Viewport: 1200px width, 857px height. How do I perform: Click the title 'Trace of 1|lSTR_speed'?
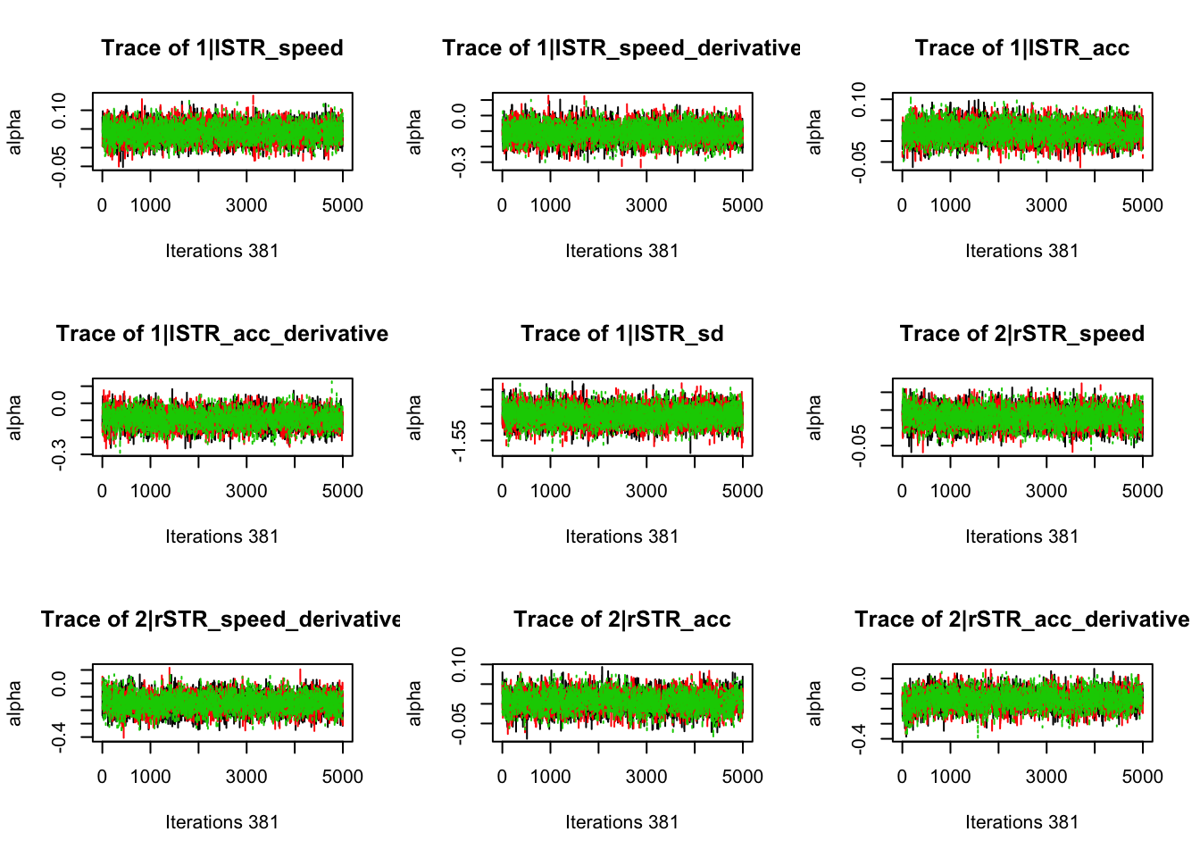tap(221, 48)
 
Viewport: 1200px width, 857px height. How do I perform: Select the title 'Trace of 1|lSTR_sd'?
tap(621, 334)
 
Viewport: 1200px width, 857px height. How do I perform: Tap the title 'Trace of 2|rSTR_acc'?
tap(621, 620)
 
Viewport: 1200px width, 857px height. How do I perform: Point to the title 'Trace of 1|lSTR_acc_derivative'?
tap(221, 334)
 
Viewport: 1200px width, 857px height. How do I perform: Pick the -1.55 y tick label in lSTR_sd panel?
tap(459, 441)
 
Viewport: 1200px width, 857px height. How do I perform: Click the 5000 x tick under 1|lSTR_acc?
tap(1142, 205)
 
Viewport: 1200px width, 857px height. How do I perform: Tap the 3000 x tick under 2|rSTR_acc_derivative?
tap(1046, 777)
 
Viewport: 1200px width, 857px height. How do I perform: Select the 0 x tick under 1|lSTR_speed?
tap(102, 205)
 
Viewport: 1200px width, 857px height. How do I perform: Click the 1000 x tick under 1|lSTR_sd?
tap(550, 491)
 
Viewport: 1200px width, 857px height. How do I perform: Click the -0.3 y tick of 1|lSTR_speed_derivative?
tap(459, 162)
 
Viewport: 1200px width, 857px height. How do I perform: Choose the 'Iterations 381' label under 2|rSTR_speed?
tap(1021, 537)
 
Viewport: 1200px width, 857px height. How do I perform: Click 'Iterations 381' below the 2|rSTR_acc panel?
tap(621, 822)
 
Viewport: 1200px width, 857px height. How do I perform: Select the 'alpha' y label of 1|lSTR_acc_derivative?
tap(14, 418)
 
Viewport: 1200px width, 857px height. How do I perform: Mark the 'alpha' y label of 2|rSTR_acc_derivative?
tap(814, 703)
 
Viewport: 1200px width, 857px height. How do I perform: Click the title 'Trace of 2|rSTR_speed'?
tap(1021, 334)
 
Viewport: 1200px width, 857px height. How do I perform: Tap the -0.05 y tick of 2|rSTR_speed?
tap(859, 445)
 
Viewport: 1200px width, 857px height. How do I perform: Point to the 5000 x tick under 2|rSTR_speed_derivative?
tap(342, 777)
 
